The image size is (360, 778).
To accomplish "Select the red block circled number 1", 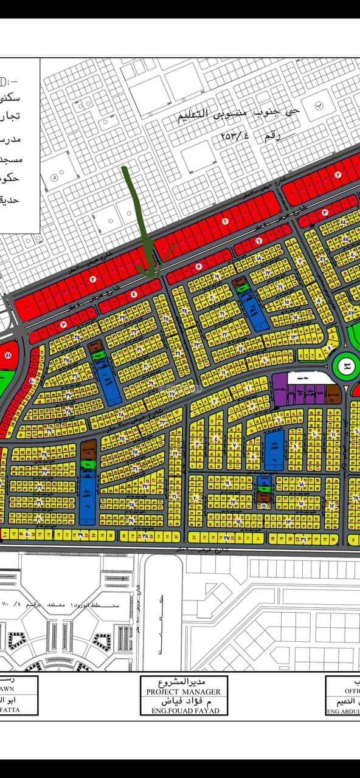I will [225, 222].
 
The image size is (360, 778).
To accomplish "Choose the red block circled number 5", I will [198, 266].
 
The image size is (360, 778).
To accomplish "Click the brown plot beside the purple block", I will [333, 393].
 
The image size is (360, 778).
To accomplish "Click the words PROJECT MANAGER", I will [179, 692].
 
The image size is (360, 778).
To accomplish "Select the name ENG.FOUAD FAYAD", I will [179, 711].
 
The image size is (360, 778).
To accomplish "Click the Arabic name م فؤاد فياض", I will [179, 701].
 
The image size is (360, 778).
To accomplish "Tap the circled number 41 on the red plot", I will [8, 355].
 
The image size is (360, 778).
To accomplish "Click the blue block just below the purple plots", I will [275, 447].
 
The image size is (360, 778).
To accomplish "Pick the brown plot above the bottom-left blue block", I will [87, 450].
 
